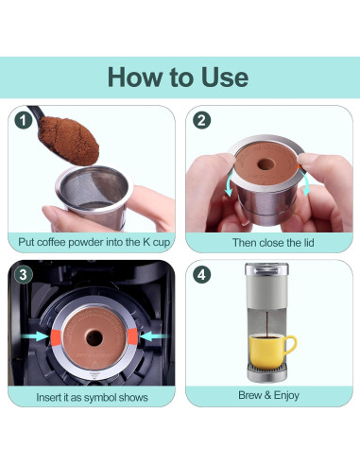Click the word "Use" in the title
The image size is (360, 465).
click(x=225, y=77)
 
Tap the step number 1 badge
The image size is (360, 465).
click(x=24, y=120)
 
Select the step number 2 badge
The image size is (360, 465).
click(x=201, y=120)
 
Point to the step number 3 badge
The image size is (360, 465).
click(x=24, y=275)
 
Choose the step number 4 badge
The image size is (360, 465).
click(x=201, y=275)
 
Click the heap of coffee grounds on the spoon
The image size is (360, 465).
click(x=69, y=140)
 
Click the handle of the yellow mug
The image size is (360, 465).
click(x=291, y=346)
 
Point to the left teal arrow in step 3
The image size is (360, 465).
click(x=34, y=336)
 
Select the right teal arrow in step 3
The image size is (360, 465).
click(x=153, y=336)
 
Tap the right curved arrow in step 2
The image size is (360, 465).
click(x=305, y=183)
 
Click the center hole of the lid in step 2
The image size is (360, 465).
click(x=266, y=164)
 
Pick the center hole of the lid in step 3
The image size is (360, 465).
click(x=94, y=337)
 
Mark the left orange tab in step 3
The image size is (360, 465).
click(x=56, y=336)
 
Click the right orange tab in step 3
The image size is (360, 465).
click(x=132, y=336)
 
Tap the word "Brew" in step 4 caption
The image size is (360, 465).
click(x=250, y=395)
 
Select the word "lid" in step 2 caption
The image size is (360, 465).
click(x=308, y=243)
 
